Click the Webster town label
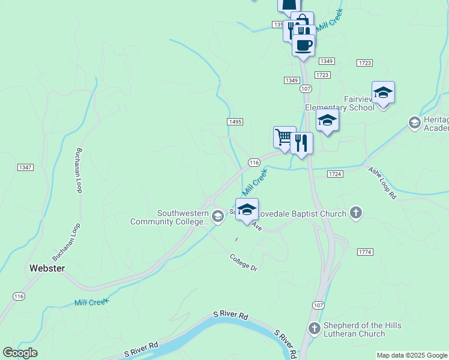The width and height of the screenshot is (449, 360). point(47,268)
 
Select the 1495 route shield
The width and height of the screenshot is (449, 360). point(235,122)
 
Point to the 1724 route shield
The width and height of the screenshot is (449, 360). point(335,174)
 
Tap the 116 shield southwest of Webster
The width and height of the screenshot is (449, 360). point(19,296)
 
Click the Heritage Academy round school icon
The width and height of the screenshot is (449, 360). point(414,123)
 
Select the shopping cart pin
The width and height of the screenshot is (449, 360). point(285,137)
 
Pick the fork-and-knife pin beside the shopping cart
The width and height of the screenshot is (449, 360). point(301,143)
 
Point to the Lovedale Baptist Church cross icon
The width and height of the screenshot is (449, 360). point(356,213)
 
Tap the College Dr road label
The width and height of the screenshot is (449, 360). point(243,262)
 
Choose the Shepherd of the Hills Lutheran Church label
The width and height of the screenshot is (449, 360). point(362,329)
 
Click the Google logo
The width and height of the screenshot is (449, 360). point(20,353)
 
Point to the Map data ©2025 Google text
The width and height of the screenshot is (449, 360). point(411,355)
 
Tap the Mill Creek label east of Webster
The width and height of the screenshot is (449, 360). point(91,302)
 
